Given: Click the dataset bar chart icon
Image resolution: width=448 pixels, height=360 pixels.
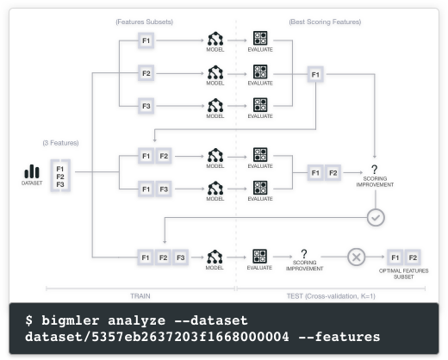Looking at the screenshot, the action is click(x=32, y=171).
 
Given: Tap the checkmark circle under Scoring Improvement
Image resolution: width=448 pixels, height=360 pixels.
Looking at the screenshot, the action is click(x=376, y=217).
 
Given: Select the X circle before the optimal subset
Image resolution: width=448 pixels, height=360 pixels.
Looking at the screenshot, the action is click(x=356, y=257).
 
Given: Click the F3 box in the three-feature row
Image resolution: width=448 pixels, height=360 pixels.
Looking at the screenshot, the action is click(x=180, y=258).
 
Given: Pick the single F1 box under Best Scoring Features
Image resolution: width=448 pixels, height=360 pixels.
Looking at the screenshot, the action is click(x=315, y=75).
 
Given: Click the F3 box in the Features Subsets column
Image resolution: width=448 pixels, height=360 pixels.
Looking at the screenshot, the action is click(x=146, y=106).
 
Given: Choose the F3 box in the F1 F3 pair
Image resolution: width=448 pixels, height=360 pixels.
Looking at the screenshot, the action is click(x=164, y=189).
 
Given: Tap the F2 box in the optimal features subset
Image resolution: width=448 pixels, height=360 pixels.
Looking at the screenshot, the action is click(x=413, y=258).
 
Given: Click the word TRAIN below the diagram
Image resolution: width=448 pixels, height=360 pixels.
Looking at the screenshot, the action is click(x=140, y=296).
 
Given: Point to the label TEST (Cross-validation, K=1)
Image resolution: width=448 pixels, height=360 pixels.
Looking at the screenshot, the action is click(x=331, y=296).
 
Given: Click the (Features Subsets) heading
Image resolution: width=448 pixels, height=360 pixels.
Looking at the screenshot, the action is click(x=145, y=22).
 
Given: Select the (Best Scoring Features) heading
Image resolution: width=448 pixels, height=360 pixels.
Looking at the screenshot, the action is click(x=325, y=22).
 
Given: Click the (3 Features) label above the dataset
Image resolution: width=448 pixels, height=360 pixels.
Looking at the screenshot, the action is click(x=60, y=143).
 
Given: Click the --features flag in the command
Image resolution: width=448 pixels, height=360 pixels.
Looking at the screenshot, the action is click(x=339, y=337).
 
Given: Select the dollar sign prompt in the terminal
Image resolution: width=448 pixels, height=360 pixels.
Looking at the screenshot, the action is click(x=28, y=320).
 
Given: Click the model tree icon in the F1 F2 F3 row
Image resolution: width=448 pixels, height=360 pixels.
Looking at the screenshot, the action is click(x=215, y=257).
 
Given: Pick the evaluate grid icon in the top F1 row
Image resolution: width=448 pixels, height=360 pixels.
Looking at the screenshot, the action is click(x=260, y=38).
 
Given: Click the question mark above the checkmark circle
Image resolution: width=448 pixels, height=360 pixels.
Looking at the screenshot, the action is click(x=374, y=169).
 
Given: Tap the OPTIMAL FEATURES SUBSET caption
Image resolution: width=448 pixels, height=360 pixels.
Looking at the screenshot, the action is click(x=403, y=274).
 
